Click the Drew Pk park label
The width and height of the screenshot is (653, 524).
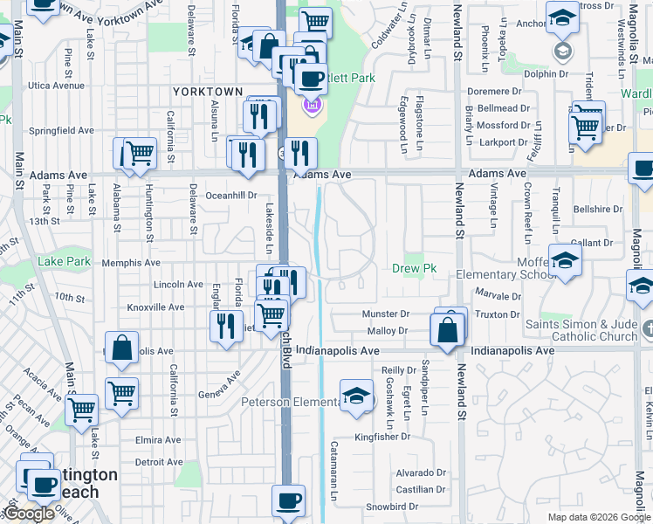coord(414,269)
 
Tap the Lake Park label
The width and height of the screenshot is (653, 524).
coord(64,261)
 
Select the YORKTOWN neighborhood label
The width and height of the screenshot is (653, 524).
coord(207,91)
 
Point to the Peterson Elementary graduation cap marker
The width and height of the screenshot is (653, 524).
coord(356,395)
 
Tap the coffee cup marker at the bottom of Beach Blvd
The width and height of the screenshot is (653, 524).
coord(288,501)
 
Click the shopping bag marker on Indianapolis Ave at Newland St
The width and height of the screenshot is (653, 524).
coord(447,331)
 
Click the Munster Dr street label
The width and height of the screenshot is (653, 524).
coord(388,314)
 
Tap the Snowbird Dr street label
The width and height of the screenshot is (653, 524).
coord(392,507)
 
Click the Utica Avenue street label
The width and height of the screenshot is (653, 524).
coord(55,86)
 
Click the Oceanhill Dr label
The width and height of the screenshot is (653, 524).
coord(231,196)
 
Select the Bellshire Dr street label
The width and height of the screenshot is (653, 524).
coord(598,210)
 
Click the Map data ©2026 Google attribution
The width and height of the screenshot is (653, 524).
coord(598,517)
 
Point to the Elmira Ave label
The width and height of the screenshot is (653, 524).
coord(158,440)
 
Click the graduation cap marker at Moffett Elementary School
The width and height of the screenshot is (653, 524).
coord(565,260)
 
